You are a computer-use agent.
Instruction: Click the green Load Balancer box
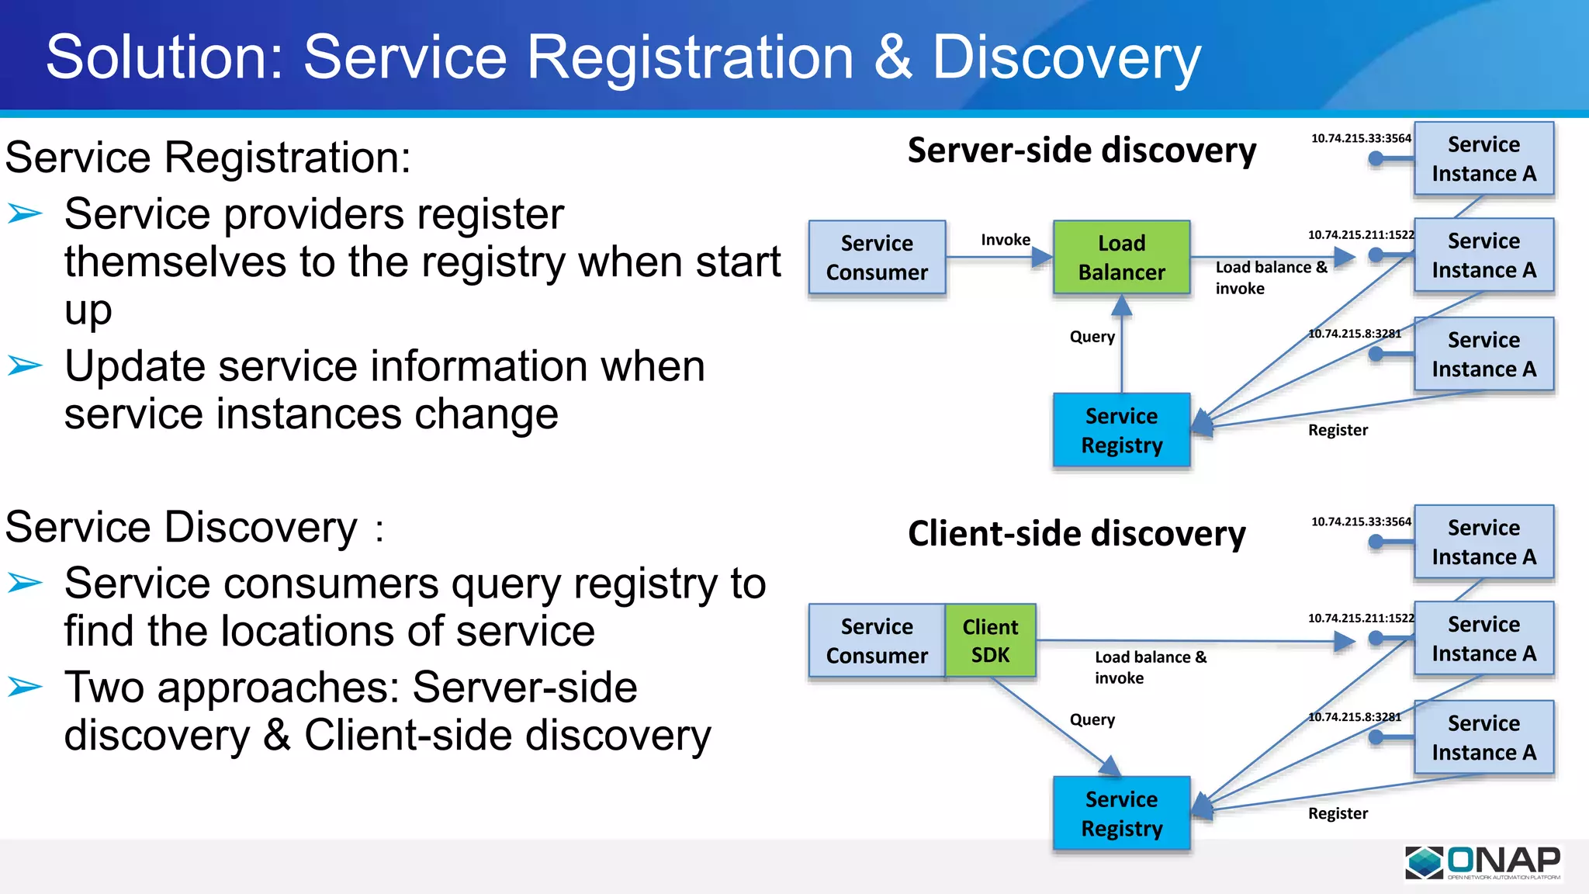(x=1121, y=258)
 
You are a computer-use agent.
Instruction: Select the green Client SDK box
(x=990, y=641)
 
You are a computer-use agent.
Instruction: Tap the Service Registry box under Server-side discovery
(x=1121, y=430)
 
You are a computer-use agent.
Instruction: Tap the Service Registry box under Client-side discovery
(x=1121, y=813)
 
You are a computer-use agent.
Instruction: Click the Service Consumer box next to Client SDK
(x=877, y=641)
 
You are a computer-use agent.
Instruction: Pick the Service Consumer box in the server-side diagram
(x=877, y=258)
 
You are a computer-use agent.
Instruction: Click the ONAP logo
(x=1483, y=863)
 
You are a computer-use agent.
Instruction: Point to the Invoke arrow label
(x=1006, y=240)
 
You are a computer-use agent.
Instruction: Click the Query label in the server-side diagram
(x=1092, y=337)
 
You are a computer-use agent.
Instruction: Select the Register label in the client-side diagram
(x=1338, y=813)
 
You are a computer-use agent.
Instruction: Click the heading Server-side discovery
(x=1082, y=150)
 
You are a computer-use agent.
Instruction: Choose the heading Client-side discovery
(x=1076, y=534)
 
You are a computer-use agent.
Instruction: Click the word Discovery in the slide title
(x=1066, y=57)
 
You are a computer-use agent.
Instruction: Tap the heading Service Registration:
(x=208, y=158)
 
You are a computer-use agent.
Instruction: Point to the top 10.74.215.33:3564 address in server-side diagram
(x=1361, y=138)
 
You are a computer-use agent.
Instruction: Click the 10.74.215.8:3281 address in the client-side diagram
(x=1355, y=717)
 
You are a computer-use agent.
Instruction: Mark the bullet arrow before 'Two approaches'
(x=25, y=687)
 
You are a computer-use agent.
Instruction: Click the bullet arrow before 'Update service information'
(x=25, y=365)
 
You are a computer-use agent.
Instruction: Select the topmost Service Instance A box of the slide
(x=1483, y=158)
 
